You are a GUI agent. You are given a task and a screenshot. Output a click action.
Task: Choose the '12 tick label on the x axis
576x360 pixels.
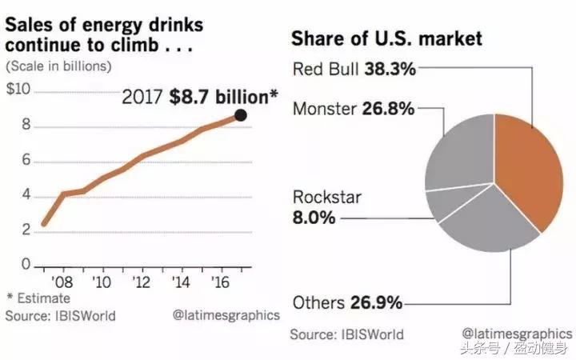point(141,282)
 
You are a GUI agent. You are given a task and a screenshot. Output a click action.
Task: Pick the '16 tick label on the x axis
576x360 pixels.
point(220,282)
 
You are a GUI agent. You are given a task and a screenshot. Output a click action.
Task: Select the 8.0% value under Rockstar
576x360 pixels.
point(314,217)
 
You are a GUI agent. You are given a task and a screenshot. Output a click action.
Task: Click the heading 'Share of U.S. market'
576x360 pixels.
point(388,38)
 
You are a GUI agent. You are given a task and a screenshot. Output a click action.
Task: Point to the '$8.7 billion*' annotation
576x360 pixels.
point(223,97)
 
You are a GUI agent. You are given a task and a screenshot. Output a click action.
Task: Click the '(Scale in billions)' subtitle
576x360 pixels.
point(59,66)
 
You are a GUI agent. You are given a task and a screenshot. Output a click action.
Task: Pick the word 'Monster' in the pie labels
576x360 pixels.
point(323,109)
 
